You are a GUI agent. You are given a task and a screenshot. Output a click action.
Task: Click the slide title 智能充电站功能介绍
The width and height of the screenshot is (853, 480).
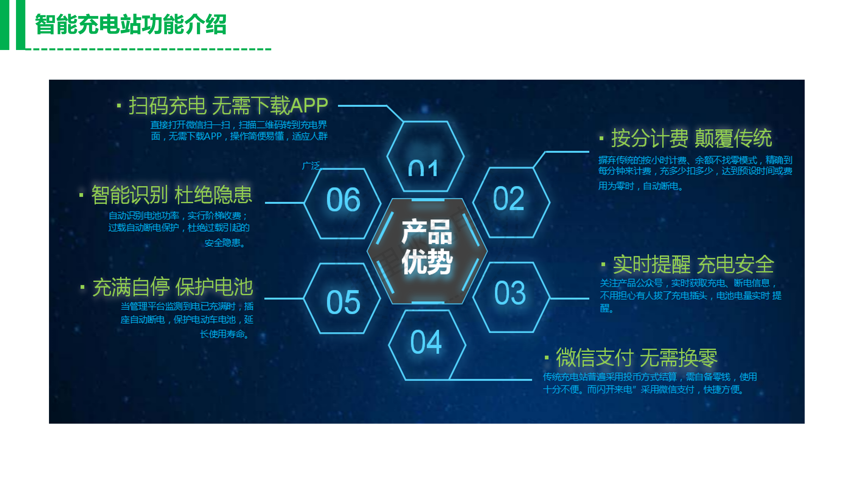point(131,24)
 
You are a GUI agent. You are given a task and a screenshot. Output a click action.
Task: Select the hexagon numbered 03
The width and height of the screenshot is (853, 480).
point(510,293)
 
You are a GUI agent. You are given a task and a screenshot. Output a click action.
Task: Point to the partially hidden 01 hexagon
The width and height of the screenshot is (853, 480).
point(424,160)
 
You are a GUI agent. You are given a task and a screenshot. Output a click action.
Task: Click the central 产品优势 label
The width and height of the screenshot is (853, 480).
point(427,247)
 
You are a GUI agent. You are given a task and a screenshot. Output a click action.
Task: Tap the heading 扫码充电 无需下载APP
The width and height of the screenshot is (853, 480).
point(228,106)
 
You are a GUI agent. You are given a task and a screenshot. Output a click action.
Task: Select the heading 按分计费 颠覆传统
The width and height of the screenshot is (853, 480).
point(691,138)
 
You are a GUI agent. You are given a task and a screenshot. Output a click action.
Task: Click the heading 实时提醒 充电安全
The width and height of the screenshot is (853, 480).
point(693,264)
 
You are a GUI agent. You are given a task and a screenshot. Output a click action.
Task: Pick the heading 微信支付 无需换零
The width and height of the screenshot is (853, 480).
point(636,357)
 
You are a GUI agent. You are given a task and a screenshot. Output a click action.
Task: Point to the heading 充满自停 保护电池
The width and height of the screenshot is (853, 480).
point(173,287)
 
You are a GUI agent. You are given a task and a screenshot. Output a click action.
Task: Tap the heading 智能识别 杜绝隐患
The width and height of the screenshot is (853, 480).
point(172,195)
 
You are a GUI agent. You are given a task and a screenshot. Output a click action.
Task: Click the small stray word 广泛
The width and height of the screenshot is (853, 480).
point(311,166)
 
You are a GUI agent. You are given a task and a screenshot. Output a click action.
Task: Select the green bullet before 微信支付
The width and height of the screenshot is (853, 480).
point(546,358)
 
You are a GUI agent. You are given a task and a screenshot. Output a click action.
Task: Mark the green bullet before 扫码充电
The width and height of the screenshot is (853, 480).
point(119,106)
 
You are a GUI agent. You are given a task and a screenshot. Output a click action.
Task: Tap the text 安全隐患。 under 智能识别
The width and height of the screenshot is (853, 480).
point(225,243)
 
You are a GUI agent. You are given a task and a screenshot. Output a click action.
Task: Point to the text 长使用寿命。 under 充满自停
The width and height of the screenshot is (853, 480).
point(224,334)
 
